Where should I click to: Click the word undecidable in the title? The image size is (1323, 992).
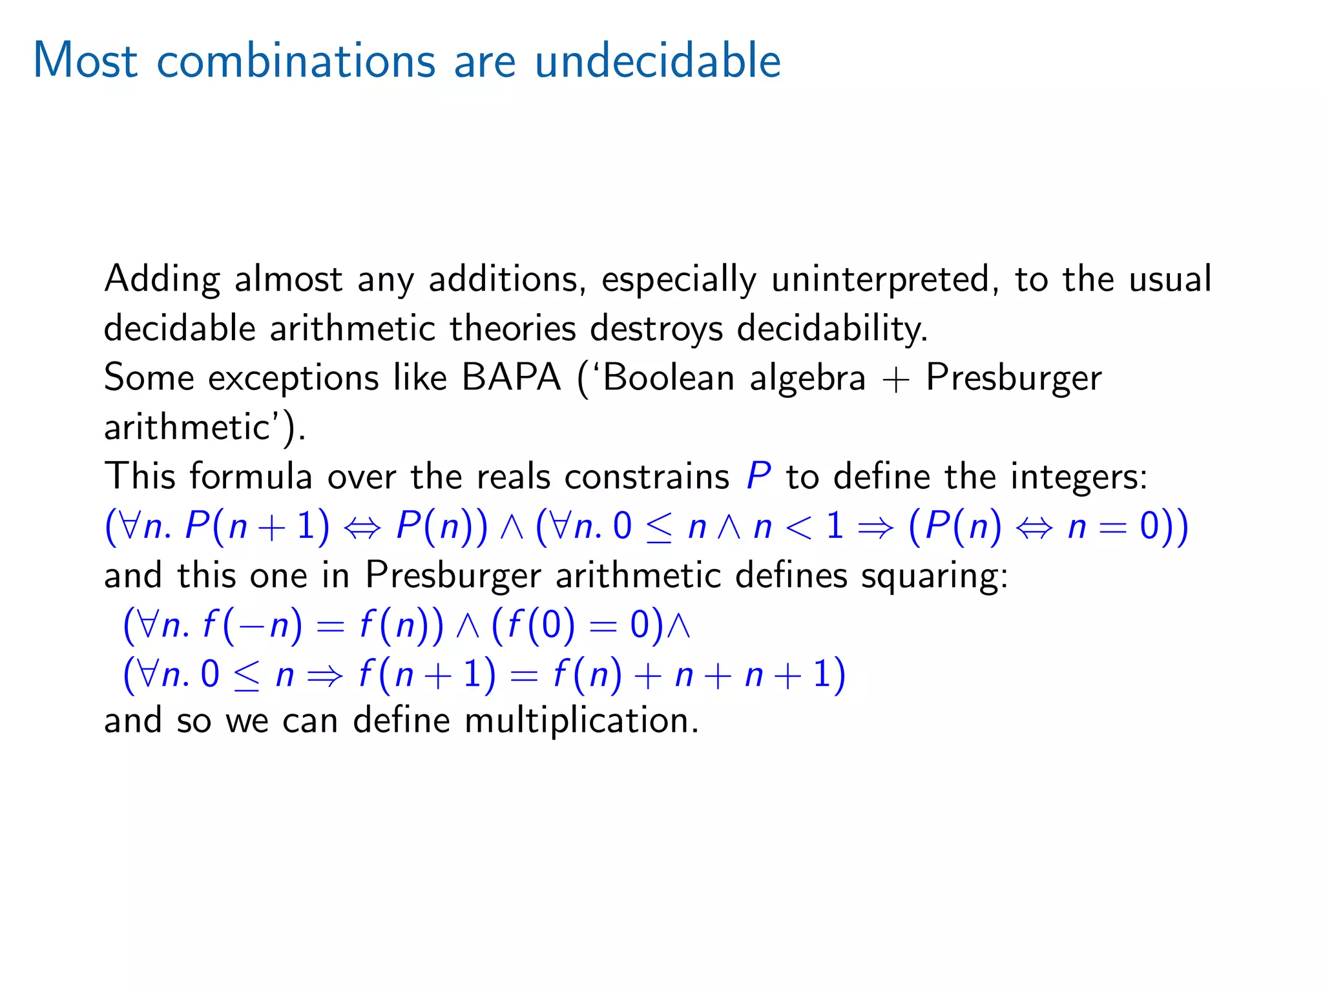pyautogui.click(x=658, y=61)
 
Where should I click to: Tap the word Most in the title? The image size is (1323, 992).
pyautogui.click(x=85, y=61)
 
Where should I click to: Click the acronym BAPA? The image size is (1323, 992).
pyautogui.click(x=511, y=378)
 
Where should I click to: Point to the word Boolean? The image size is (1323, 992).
pyautogui.click(x=670, y=378)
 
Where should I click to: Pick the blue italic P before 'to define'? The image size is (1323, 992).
pyautogui.click(x=758, y=477)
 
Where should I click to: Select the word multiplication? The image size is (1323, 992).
pyautogui.click(x=581, y=721)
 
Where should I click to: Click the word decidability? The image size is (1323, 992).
pyautogui.click(x=832, y=329)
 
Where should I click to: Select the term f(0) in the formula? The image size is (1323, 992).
pyautogui.click(x=541, y=625)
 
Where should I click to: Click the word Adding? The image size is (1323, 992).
pyautogui.click(x=161, y=280)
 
